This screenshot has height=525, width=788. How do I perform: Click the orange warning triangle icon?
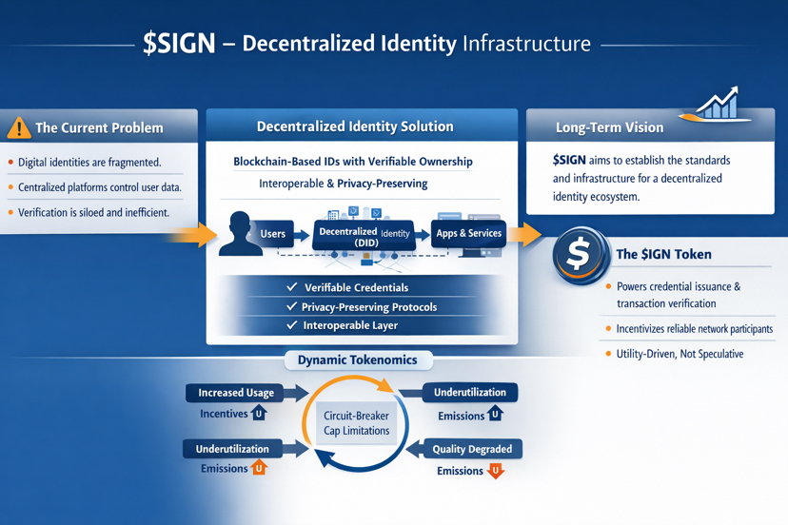click(x=18, y=127)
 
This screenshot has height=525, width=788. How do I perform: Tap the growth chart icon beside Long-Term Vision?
click(x=715, y=105)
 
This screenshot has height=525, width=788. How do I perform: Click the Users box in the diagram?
click(x=272, y=234)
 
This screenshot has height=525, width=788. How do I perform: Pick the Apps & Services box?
click(x=468, y=234)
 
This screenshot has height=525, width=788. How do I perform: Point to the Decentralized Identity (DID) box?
click(x=364, y=237)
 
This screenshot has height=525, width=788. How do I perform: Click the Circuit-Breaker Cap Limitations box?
click(x=356, y=423)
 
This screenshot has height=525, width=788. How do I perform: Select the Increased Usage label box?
click(x=236, y=393)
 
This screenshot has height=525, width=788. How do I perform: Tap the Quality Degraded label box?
click(x=472, y=449)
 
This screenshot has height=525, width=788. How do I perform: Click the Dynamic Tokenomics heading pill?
click(x=357, y=360)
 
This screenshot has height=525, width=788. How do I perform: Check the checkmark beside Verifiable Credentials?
click(x=292, y=287)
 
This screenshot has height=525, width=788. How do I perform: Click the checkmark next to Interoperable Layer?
click(x=292, y=325)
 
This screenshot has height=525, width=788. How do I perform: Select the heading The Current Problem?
click(x=99, y=127)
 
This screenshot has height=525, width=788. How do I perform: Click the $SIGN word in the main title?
click(x=179, y=44)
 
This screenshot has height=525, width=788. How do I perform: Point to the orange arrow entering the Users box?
click(x=200, y=234)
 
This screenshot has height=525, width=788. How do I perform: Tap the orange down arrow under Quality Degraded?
click(x=495, y=471)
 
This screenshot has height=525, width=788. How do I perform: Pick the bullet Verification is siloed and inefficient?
click(x=93, y=212)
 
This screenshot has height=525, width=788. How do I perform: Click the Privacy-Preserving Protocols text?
click(x=368, y=306)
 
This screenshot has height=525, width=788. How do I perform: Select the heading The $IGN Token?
click(x=663, y=254)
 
